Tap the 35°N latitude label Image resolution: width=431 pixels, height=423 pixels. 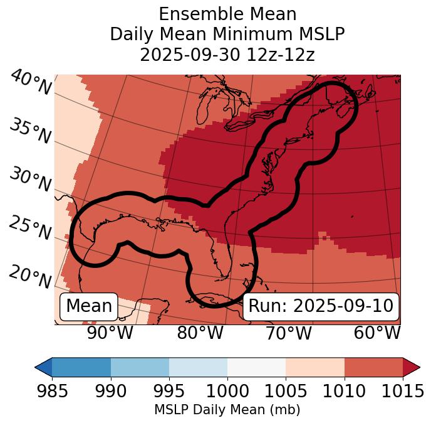tap(30, 131)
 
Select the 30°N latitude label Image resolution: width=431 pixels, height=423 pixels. tap(30, 180)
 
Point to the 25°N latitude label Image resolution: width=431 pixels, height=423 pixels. tap(30, 228)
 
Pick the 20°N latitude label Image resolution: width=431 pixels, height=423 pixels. tap(30, 276)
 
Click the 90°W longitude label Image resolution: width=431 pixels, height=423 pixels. tap(110, 333)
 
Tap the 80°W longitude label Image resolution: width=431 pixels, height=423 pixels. tap(200, 333)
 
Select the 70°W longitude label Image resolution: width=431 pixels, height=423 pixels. tap(289, 333)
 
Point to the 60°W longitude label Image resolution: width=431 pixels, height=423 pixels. tap(377, 333)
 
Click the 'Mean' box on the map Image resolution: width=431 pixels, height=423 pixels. tap(89, 306)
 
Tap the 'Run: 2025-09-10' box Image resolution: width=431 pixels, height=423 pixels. tap(321, 306)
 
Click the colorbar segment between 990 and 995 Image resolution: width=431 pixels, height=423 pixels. tap(140, 367)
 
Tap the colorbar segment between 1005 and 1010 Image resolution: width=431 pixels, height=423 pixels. tap(315, 367)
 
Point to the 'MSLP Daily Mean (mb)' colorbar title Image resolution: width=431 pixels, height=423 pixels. tap(227, 410)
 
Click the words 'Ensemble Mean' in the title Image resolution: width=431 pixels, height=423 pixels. tap(227, 14)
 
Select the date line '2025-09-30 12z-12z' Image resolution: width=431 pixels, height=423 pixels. tap(227, 55)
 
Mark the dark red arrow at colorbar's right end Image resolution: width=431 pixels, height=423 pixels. tap(411, 367)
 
